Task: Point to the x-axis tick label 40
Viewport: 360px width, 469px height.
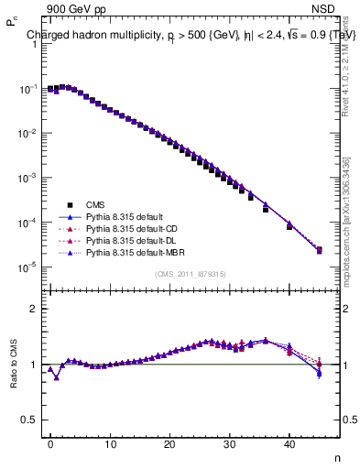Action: pos(289,444)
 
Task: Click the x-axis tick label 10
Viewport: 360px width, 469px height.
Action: pos(110,444)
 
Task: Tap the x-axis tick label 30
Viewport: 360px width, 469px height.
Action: pos(230,444)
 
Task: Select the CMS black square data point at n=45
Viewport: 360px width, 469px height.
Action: pos(319,250)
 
